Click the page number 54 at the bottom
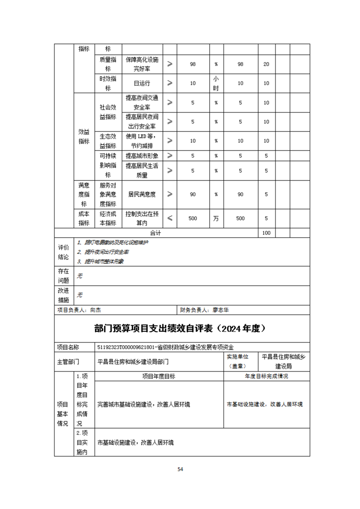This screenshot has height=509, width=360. point(180,469)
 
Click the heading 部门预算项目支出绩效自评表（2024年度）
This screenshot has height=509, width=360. point(180,328)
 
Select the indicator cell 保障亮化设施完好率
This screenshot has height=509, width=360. point(142,64)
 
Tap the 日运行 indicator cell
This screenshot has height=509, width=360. point(142,83)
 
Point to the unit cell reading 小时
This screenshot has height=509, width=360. point(216,83)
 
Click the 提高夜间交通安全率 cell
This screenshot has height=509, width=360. point(142,103)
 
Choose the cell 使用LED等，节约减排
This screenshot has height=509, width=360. point(142,141)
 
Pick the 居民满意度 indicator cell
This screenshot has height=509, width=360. point(142,194)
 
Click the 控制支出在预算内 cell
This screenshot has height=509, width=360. point(142,218)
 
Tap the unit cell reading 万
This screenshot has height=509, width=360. point(216,218)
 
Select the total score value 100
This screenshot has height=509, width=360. point(266,233)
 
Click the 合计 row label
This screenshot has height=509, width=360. point(156,233)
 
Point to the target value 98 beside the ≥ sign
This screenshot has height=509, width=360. point(192,64)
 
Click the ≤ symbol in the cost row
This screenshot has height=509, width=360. point(170,218)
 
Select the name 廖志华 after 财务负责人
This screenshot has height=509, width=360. point(221,310)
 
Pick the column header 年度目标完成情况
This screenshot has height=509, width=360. point(266,376)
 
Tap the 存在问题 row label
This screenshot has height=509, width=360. point(64,276)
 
